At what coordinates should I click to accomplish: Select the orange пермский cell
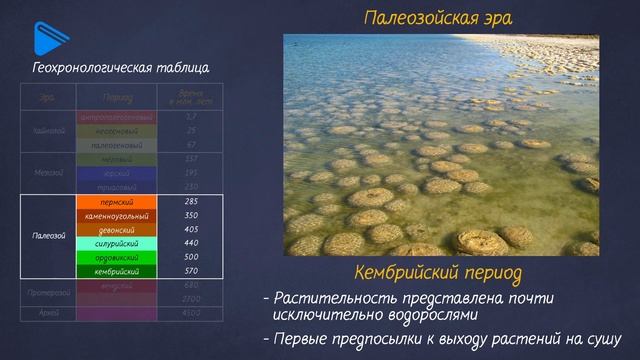click(x=117, y=201)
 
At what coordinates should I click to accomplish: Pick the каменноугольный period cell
click(x=117, y=215)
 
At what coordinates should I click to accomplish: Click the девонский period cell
click(x=117, y=229)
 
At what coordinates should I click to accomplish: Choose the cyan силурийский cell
click(x=117, y=243)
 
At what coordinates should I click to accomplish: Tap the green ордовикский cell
click(x=117, y=257)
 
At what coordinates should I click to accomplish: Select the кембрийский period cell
click(x=117, y=271)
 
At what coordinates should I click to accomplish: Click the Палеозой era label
click(x=49, y=236)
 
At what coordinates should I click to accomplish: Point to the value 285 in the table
click(x=191, y=201)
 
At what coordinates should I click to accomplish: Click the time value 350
click(x=191, y=215)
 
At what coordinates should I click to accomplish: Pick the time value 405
click(x=191, y=229)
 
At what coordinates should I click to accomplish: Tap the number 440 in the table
click(x=191, y=243)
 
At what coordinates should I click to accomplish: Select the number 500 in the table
click(x=191, y=257)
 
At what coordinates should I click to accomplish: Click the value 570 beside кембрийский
click(x=191, y=271)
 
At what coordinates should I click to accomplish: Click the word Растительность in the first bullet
click(x=333, y=298)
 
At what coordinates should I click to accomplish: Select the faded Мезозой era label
click(x=49, y=173)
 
